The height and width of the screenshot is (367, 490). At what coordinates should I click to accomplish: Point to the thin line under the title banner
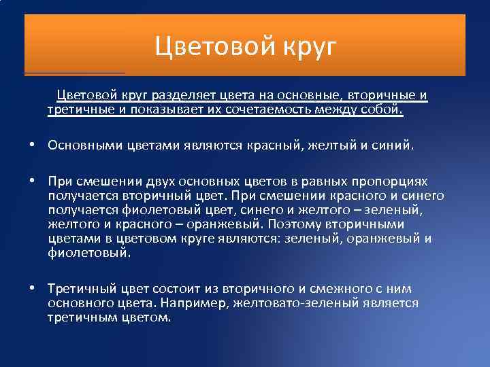coord(75,72)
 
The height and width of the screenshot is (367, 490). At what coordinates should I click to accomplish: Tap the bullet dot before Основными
coord(33,145)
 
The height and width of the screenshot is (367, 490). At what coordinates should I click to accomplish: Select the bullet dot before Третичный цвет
coord(33,289)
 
